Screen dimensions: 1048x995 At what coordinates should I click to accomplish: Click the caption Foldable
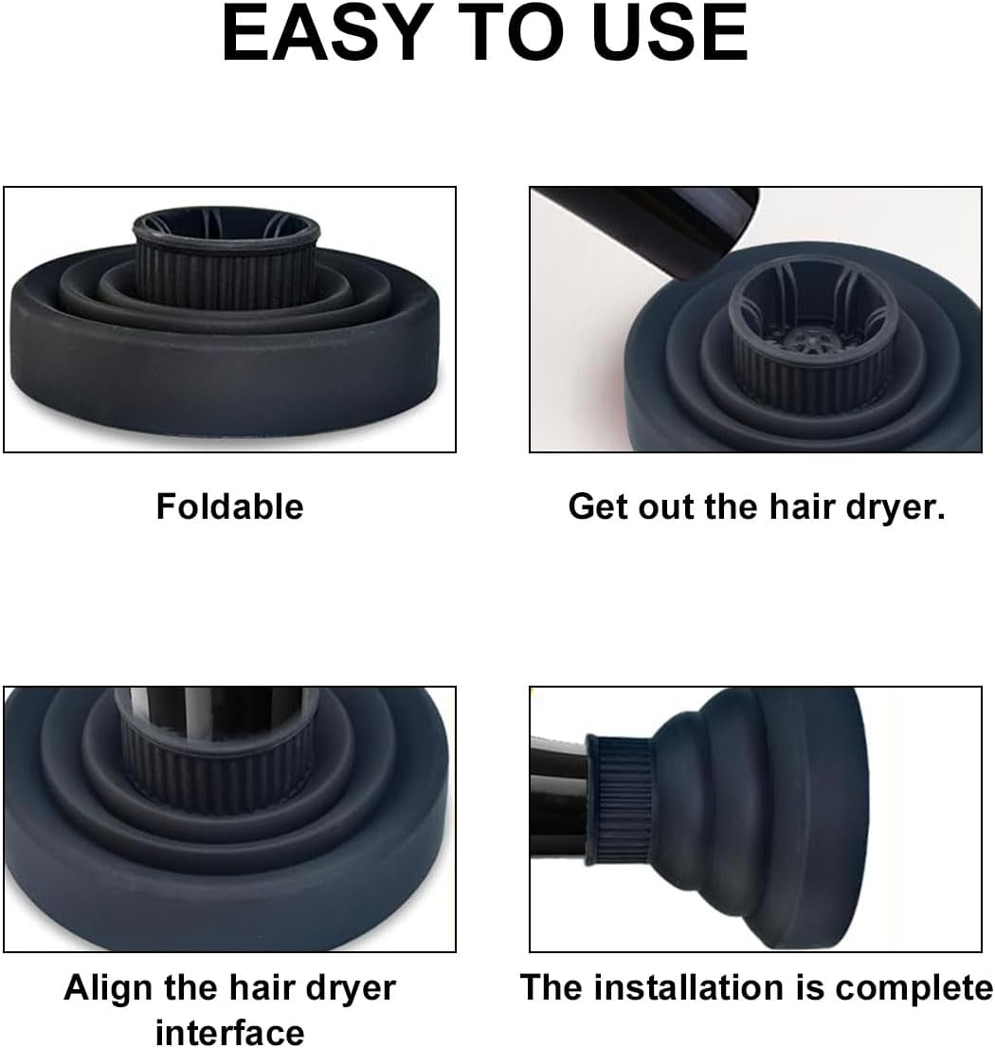229,506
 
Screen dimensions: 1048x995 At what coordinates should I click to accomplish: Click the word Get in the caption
598,506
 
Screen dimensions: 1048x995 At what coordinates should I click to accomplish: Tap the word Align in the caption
108,988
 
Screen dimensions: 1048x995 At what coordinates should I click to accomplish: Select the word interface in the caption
229,1031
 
